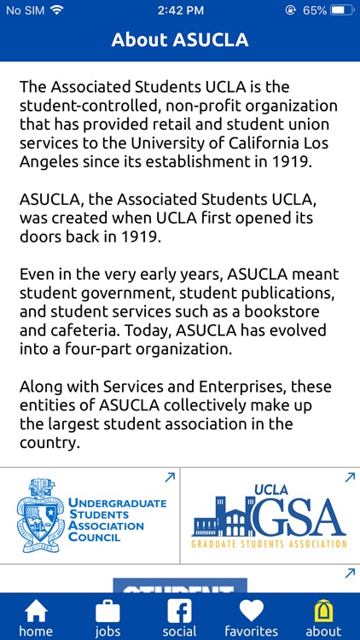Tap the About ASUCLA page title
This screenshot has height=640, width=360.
(179, 39)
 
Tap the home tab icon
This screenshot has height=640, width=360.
(36, 612)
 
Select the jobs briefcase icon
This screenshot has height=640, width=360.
(107, 612)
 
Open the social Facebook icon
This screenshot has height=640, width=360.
(179, 612)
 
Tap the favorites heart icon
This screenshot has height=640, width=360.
(251, 612)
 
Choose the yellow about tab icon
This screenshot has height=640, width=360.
(323, 611)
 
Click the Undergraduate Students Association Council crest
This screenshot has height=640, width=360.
(40, 515)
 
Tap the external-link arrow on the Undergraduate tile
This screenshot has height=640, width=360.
(170, 478)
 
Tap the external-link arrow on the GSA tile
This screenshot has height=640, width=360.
(349, 478)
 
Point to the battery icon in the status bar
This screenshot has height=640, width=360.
(342, 10)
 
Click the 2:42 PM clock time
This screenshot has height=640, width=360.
(179, 10)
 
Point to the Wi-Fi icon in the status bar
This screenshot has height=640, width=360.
(57, 10)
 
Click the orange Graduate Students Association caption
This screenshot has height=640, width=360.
(269, 544)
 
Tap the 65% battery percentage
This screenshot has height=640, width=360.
(314, 10)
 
